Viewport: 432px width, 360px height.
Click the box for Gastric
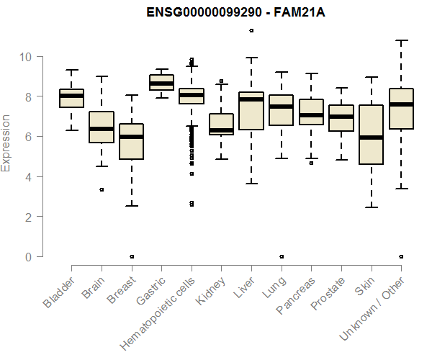click(x=161, y=82)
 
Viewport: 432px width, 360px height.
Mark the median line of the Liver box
click(x=251, y=99)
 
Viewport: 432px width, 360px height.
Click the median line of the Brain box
click(x=102, y=129)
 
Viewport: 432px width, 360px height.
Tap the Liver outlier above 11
click(x=251, y=30)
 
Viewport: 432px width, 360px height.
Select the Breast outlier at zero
click(x=132, y=256)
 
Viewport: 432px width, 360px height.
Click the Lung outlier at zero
click(x=282, y=256)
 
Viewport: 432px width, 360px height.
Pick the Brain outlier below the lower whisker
click(x=102, y=189)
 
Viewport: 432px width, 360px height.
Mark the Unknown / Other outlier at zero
click(x=401, y=256)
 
